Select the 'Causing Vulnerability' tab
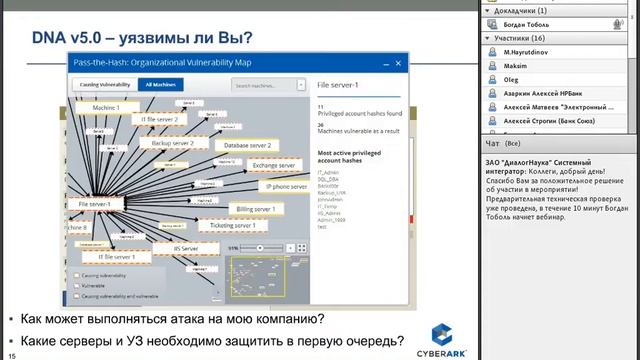(102, 86)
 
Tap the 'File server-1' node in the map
(94, 204)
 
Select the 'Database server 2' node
(243, 145)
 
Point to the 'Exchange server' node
(273, 165)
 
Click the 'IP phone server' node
(285, 186)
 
